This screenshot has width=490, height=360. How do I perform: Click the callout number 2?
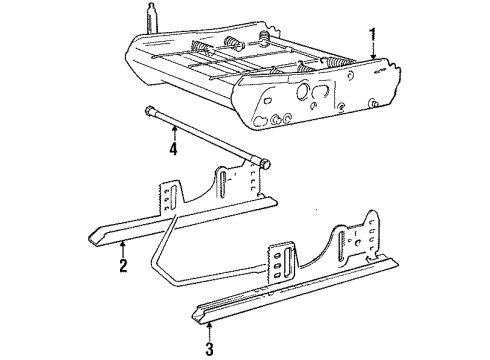pyautogui.click(x=121, y=266)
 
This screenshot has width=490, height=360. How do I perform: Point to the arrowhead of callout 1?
pyautogui.click(x=372, y=60)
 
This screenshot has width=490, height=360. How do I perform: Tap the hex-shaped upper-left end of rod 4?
pyautogui.click(x=149, y=112)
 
